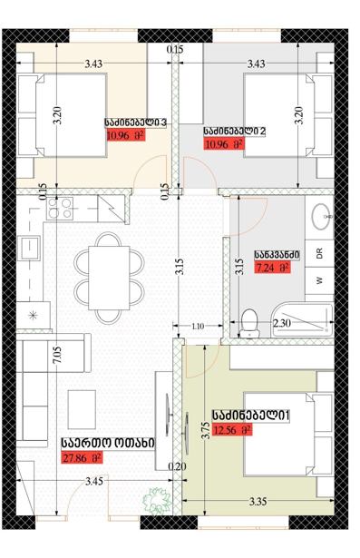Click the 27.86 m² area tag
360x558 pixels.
(x=83, y=457)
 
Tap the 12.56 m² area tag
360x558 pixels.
(x=232, y=430)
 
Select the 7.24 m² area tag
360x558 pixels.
(x=272, y=268)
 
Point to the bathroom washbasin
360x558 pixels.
(x=322, y=215)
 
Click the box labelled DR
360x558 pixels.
(x=319, y=253)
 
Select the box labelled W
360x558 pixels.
(x=319, y=280)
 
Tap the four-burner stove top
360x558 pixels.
(x=60, y=208)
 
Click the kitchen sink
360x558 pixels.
(x=28, y=248)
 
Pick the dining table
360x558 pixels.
(x=109, y=278)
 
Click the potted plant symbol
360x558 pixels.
(x=155, y=501)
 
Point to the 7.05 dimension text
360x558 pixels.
(x=57, y=355)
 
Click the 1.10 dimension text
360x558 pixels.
(x=198, y=326)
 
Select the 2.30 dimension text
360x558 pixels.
(x=282, y=323)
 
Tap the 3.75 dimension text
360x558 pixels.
(x=205, y=431)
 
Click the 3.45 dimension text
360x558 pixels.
(x=94, y=481)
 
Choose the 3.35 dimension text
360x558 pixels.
(x=258, y=502)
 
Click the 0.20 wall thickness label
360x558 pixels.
(x=177, y=466)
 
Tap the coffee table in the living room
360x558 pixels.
(x=82, y=409)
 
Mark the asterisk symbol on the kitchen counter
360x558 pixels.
(x=33, y=315)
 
